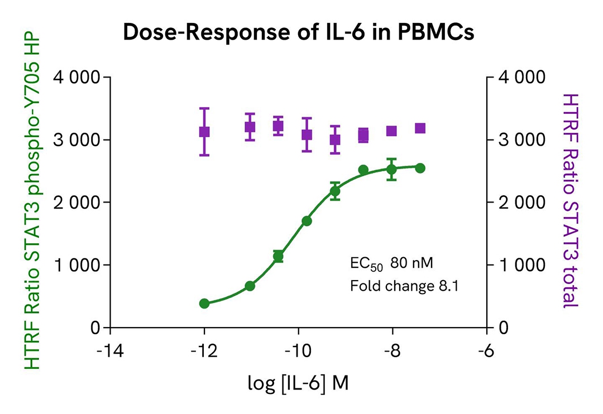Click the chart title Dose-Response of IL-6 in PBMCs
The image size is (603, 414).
click(x=298, y=33)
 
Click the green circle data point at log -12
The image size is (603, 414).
click(x=204, y=304)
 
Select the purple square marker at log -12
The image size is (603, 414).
click(x=204, y=132)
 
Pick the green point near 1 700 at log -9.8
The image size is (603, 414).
click(x=307, y=221)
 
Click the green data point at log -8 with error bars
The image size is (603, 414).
click(x=391, y=170)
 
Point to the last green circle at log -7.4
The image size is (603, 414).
click(x=420, y=168)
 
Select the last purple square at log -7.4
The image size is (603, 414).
click(x=420, y=128)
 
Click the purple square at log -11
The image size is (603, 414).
click(x=250, y=127)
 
